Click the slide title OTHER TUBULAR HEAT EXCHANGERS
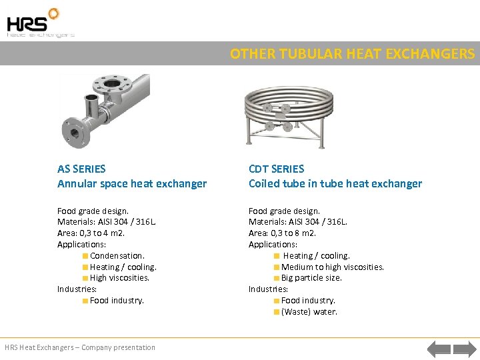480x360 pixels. [x=353, y=53]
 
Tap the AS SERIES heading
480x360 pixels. [x=81, y=169]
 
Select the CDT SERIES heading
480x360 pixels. [x=276, y=169]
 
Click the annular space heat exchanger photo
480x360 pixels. [x=107, y=107]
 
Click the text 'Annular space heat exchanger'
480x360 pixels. [x=132, y=183]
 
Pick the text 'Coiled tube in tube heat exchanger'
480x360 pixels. [x=335, y=183]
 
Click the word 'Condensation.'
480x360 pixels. [x=117, y=255]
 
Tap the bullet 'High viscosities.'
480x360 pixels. [x=119, y=278]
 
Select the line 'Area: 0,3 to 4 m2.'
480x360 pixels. [x=91, y=233]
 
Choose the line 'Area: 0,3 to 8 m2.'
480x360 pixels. [x=283, y=233]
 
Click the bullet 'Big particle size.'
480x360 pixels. [x=311, y=278]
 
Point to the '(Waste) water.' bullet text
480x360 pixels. [x=309, y=311]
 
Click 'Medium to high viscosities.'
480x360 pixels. [x=333, y=267]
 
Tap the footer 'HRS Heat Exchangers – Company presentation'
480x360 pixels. [x=80, y=347]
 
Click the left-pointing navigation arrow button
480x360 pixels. [x=439, y=348]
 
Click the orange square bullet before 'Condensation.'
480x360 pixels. [x=85, y=256]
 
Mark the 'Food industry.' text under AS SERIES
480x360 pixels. [x=117, y=301]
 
